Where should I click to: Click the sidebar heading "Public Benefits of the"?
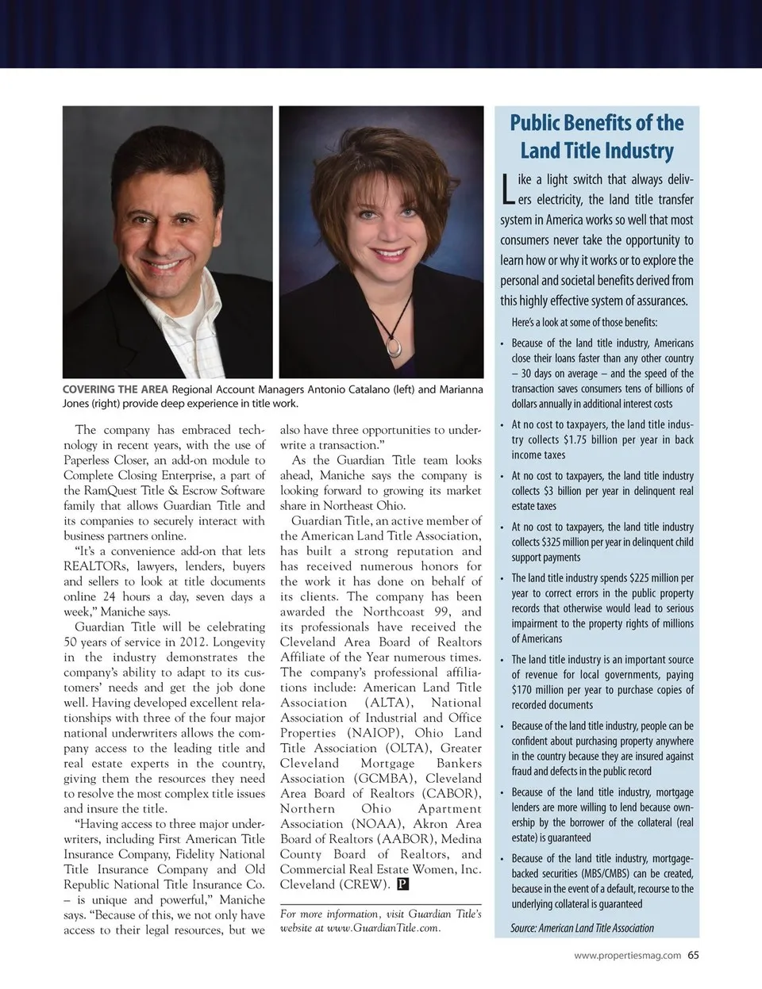point(596,123)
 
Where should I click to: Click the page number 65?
point(694,955)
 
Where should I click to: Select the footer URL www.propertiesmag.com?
point(627,956)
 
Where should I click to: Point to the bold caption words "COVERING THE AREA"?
point(115,389)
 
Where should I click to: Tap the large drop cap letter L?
point(507,189)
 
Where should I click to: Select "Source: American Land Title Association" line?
point(583,928)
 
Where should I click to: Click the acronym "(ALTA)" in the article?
point(387,703)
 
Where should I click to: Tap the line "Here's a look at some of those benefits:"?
point(584,322)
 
